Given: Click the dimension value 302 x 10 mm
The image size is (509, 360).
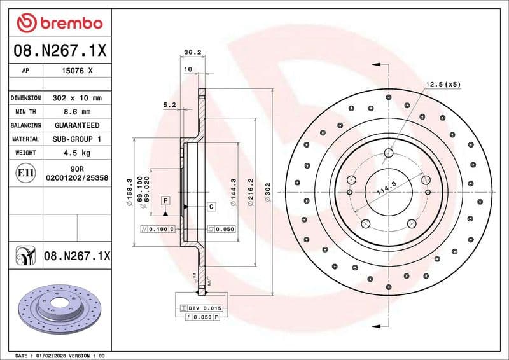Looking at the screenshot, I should click(78, 98).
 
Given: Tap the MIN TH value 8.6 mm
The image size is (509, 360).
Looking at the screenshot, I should click(78, 112).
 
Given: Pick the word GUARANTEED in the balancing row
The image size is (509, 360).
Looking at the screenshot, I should click(77, 125).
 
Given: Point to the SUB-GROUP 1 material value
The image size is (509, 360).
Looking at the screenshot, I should click(77, 139).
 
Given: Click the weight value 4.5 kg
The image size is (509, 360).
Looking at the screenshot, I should click(77, 153).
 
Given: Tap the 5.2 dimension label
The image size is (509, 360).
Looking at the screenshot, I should click(169, 104).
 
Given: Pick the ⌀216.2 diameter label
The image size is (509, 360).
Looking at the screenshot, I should click(251, 190).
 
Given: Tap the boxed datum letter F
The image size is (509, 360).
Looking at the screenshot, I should click(165, 201).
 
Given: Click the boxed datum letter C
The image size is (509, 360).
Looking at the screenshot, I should click(211, 207).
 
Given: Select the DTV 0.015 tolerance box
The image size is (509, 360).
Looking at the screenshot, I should click(202, 308).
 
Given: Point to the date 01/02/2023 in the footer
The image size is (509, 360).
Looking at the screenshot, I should click(48, 356).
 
